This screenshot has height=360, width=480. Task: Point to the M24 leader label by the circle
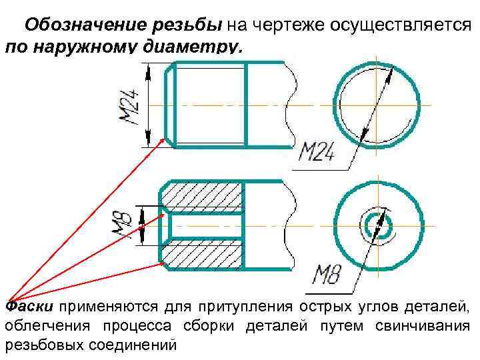pos(321,154)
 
